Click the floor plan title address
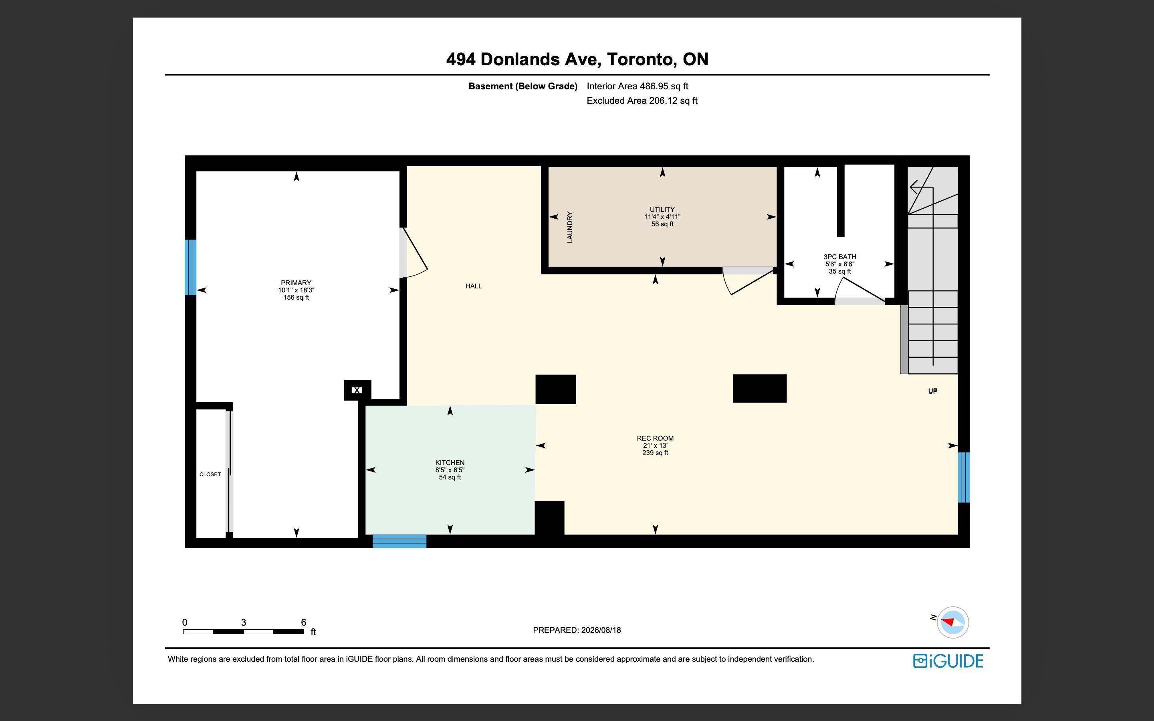[577, 59]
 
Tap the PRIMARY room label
[296, 283]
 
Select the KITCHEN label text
[450, 463]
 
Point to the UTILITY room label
[662, 209]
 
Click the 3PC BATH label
[840, 256]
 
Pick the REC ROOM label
[655, 438]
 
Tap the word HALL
[474, 286]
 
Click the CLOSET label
[210, 475]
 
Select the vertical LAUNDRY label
[569, 228]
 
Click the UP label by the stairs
[933, 391]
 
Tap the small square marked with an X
[357, 390]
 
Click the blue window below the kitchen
[399, 541]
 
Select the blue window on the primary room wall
[190, 267]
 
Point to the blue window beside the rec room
[964, 477]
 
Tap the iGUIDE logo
[948, 661]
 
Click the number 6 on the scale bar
[304, 622]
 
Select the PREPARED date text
[577, 630]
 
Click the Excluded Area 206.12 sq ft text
[642, 101]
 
